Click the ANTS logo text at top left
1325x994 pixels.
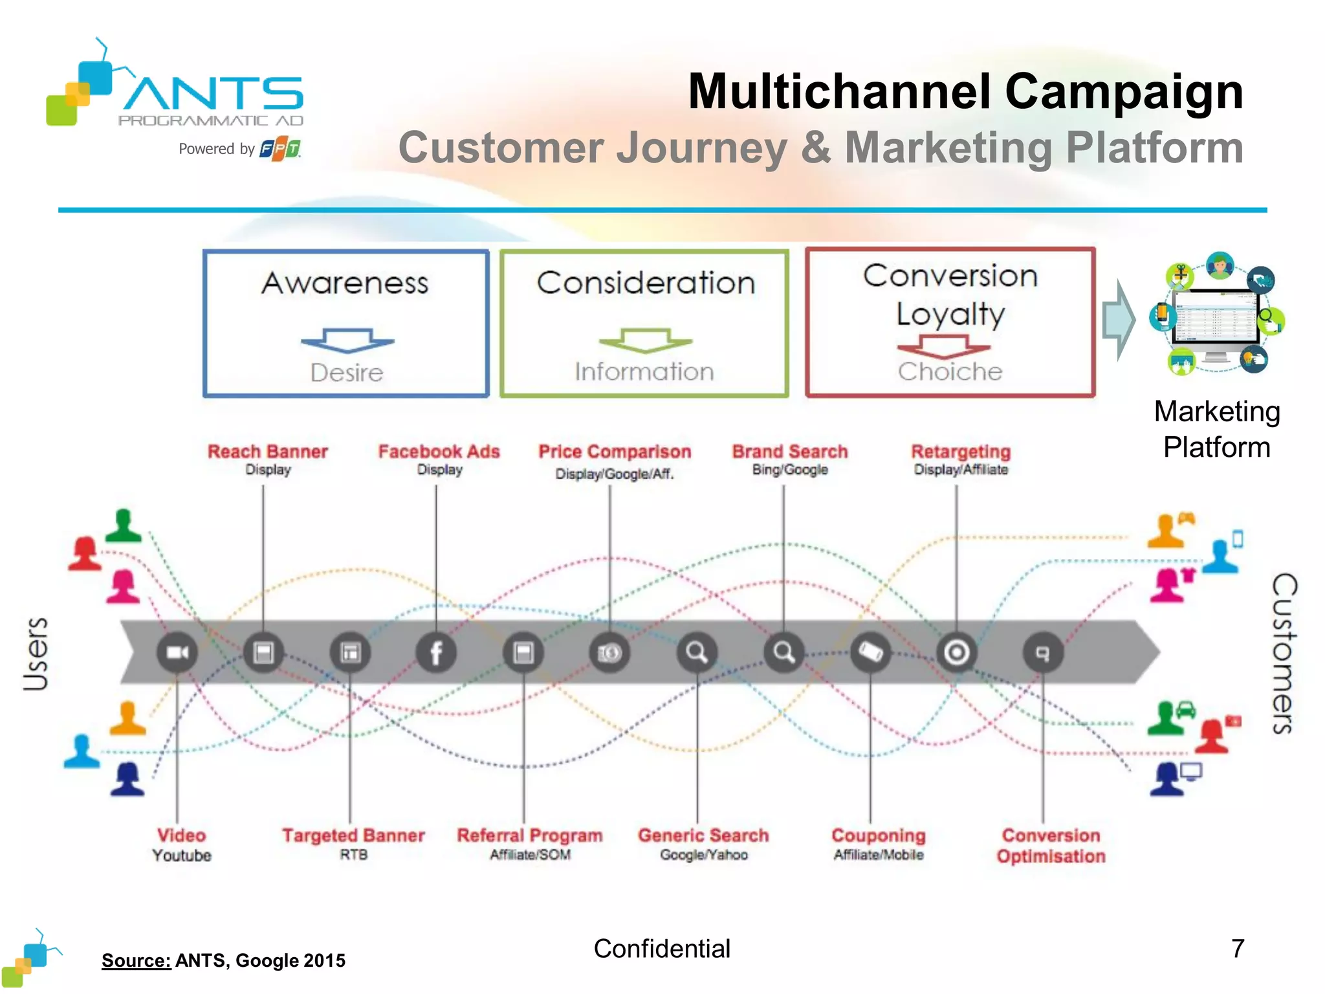tap(214, 94)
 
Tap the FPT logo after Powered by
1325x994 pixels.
tap(280, 149)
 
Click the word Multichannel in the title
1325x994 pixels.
tap(838, 92)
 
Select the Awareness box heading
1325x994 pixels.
tap(345, 283)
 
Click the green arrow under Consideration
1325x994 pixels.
tap(645, 340)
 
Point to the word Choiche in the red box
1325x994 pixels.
tap(950, 371)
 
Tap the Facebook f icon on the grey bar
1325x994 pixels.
tap(436, 652)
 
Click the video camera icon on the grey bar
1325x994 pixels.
tap(177, 652)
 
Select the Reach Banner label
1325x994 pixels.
tap(267, 452)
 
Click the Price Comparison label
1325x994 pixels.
tap(615, 452)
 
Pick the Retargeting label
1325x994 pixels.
tap(961, 452)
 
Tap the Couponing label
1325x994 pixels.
tap(878, 835)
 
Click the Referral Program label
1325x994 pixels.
tap(529, 835)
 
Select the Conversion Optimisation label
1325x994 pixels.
tap(1051, 845)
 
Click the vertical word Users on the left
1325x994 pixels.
tap(36, 654)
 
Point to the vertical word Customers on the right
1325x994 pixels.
tap(1284, 654)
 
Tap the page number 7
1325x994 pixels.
tap(1238, 949)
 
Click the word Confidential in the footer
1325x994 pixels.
tap(662, 949)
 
